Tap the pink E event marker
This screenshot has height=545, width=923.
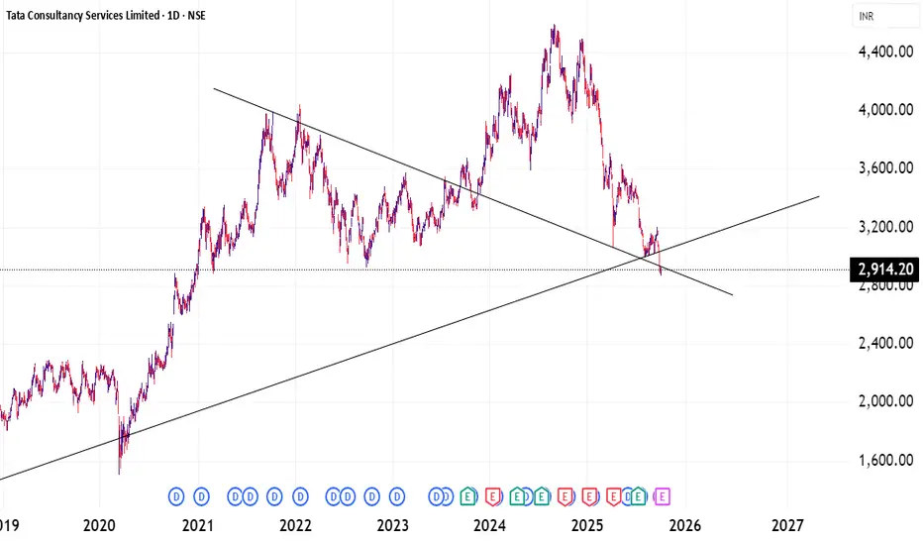click(663, 494)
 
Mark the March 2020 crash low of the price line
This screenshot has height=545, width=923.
click(120, 472)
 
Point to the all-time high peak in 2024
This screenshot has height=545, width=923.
click(554, 27)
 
